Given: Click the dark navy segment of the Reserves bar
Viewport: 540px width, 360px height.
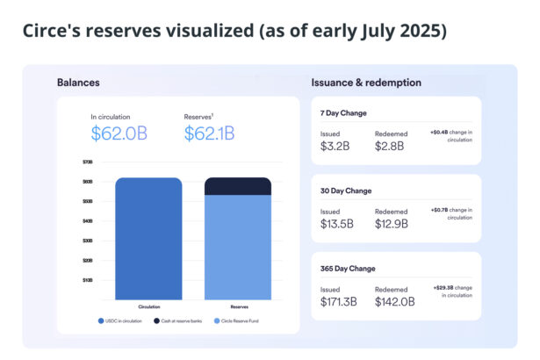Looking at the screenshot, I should [238, 186].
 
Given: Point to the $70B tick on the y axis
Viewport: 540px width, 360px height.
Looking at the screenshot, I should [87, 162].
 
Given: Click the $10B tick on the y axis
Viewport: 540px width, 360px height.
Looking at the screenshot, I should [87, 280].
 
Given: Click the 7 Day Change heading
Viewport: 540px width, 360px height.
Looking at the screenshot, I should [343, 113].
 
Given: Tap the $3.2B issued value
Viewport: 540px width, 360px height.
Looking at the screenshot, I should [335, 146].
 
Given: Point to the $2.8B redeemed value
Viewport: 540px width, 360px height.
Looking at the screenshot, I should [390, 146].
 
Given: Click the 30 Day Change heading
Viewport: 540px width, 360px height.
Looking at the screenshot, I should [346, 191].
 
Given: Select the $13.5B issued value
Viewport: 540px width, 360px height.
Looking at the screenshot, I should [337, 224].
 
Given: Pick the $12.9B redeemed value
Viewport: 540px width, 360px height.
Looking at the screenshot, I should [392, 224].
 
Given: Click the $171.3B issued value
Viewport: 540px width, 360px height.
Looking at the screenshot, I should [340, 301].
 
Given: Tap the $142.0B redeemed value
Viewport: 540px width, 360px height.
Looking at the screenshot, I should [395, 301].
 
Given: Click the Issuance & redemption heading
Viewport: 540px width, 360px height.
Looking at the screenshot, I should [365, 83].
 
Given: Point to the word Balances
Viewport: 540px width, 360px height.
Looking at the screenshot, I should [78, 83].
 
